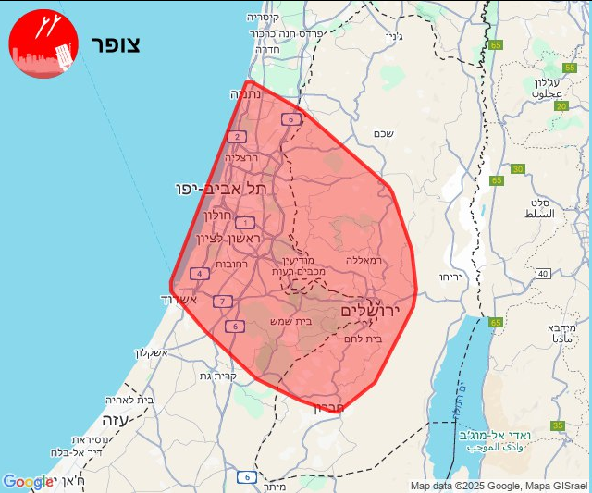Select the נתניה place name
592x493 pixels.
(x=246, y=94)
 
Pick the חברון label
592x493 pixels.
(x=330, y=408)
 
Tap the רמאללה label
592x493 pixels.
(x=364, y=261)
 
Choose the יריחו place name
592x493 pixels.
(x=450, y=277)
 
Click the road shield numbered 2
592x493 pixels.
(x=239, y=137)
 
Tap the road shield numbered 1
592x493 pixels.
(x=244, y=222)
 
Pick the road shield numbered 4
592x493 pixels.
(x=200, y=273)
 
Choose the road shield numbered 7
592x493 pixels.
(x=222, y=302)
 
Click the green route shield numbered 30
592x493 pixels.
(x=517, y=168)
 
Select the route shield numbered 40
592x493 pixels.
(x=542, y=273)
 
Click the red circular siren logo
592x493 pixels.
(x=43, y=43)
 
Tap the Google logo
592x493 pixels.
(x=28, y=482)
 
